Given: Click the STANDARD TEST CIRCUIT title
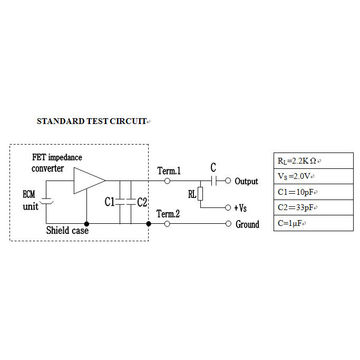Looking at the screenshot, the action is [92, 120].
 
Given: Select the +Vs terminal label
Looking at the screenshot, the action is [241, 206].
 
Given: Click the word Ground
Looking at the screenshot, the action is [247, 225].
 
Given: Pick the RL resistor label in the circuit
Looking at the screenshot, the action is [191, 195].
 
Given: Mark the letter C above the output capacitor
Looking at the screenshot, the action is [213, 167].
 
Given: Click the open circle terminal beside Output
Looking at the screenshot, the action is [228, 181].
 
